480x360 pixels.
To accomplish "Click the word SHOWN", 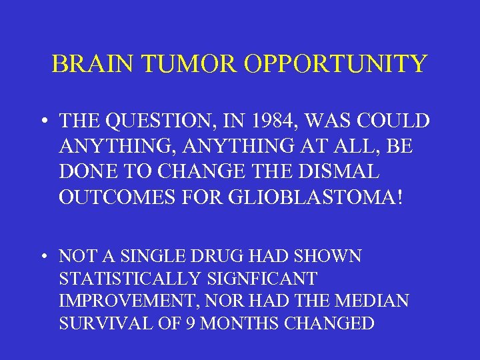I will (331, 256).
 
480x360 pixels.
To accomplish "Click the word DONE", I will (84, 172).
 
